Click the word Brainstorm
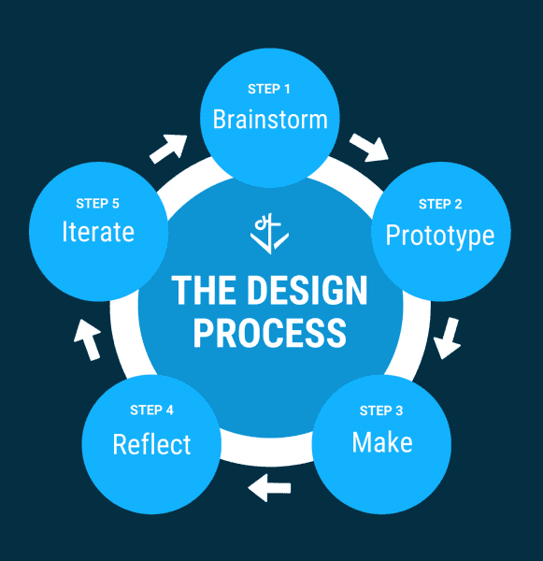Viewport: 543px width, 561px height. pyautogui.click(x=270, y=119)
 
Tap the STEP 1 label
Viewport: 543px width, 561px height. pyautogui.click(x=269, y=89)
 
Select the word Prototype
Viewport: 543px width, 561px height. pyautogui.click(x=440, y=236)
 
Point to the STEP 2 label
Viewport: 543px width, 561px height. pyautogui.click(x=440, y=204)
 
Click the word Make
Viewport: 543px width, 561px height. pyautogui.click(x=382, y=442)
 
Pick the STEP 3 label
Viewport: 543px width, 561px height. pyautogui.click(x=381, y=410)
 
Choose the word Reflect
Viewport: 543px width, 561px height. pyautogui.click(x=151, y=444)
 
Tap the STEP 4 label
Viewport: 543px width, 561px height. pyautogui.click(x=151, y=410)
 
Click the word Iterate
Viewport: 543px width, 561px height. pyautogui.click(x=98, y=232)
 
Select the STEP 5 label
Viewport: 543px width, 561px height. pyautogui.click(x=97, y=204)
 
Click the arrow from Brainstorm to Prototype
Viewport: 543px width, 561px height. pyautogui.click(x=369, y=148)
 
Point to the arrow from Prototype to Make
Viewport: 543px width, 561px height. pyautogui.click(x=448, y=338)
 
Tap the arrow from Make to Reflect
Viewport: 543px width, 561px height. pyautogui.click(x=269, y=488)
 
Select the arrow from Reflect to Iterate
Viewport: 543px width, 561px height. pyautogui.click(x=87, y=339)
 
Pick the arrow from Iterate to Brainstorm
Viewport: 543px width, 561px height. pyautogui.click(x=168, y=150)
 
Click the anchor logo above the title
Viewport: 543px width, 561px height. pyautogui.click(x=270, y=234)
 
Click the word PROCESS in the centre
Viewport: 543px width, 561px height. pyautogui.click(x=270, y=333)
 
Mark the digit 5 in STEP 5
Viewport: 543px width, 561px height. pyautogui.click(x=116, y=204)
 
